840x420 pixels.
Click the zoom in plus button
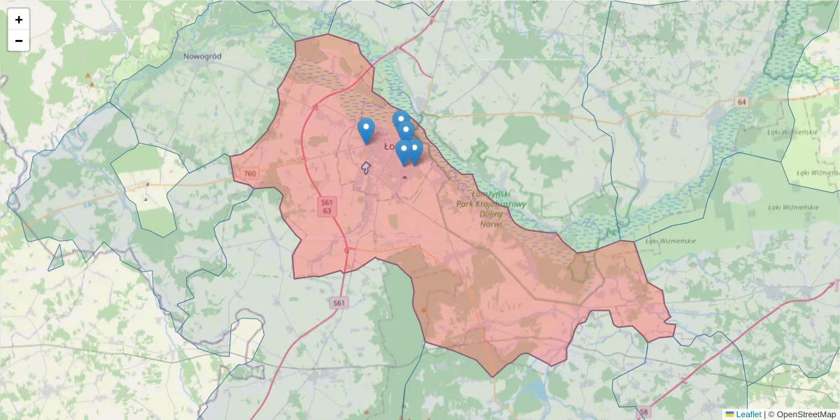pyautogui.click(x=19, y=20)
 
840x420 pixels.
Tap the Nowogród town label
pyautogui.click(x=202, y=56)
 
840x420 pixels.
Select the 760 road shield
pyautogui.click(x=250, y=173)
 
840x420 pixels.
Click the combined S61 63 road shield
pyautogui.click(x=327, y=206)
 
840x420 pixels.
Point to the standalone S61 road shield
pyautogui.click(x=339, y=302)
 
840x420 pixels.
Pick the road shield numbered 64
pyautogui.click(x=742, y=102)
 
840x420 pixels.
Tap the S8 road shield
pyautogui.click(x=643, y=411)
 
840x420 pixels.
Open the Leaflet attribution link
pyautogui.click(x=748, y=414)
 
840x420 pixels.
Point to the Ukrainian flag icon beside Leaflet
pyautogui.click(x=729, y=414)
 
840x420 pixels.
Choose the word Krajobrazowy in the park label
pyautogui.click(x=498, y=204)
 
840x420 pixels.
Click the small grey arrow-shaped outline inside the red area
pyautogui.click(x=365, y=167)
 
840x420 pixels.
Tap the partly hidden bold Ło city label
pyautogui.click(x=389, y=146)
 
